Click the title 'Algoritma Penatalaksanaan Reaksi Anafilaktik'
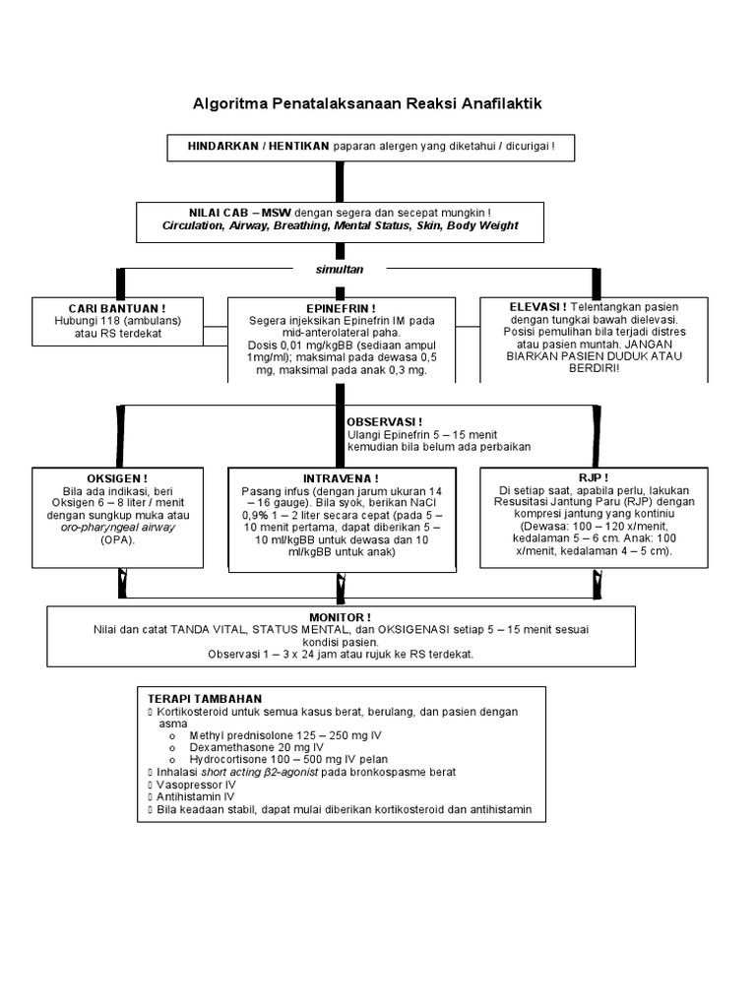[367, 103]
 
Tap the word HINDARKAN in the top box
[222, 146]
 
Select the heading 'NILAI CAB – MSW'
[240, 213]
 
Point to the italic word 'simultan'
[340, 270]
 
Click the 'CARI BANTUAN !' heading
[118, 308]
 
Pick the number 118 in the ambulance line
[101, 321]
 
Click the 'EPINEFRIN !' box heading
[341, 308]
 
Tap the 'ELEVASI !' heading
[538, 307]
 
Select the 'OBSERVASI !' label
[385, 422]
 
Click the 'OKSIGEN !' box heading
[118, 479]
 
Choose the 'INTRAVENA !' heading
[341, 479]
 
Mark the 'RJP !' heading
[594, 477]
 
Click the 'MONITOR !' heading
[340, 617]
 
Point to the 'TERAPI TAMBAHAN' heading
[205, 699]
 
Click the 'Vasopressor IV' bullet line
[196, 785]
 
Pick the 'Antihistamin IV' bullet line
[196, 796]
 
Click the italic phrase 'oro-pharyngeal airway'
[118, 528]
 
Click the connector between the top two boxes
[340, 182]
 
